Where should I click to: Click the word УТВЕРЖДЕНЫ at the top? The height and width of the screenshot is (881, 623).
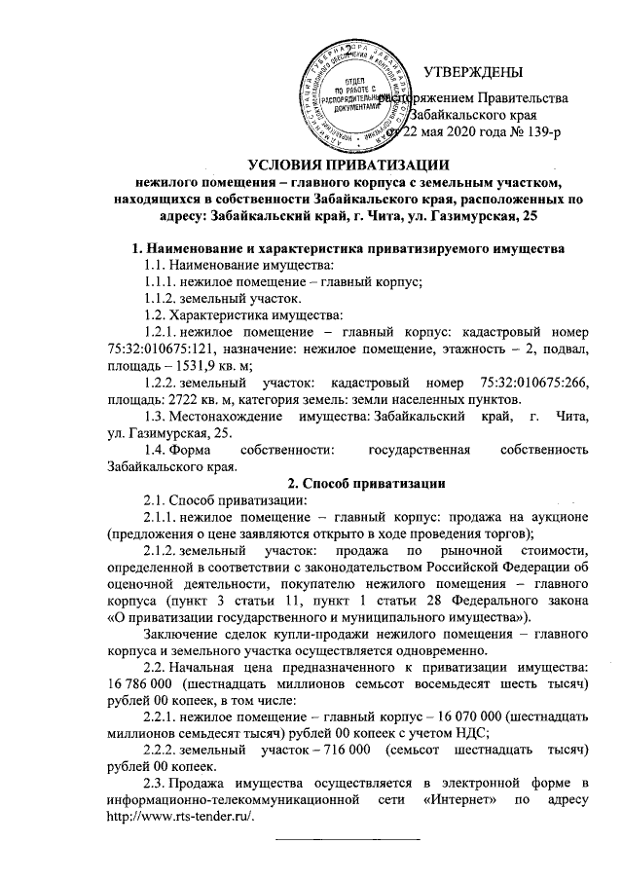click(x=474, y=71)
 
